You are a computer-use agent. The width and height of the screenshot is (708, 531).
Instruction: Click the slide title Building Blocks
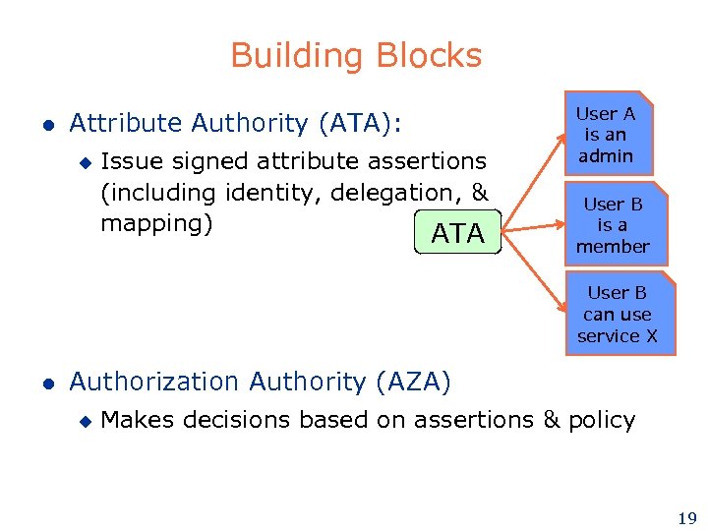coord(356,55)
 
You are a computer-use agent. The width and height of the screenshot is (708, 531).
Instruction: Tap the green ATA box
coord(458,232)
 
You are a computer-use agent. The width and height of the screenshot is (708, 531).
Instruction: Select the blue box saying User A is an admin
coord(606,135)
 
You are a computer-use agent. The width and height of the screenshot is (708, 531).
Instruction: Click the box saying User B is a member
coord(613,224)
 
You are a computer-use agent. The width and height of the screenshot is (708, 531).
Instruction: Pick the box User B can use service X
coord(618,314)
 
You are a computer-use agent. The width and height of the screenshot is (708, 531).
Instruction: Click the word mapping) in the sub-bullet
coord(157,223)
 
